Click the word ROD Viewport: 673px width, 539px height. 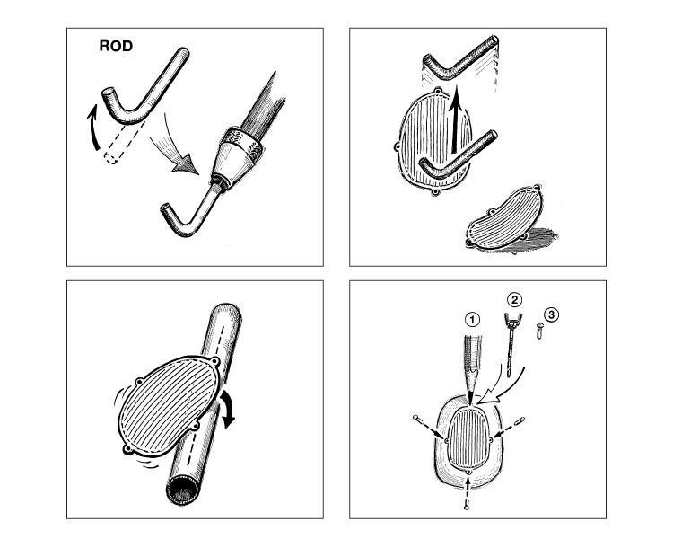pyautogui.click(x=117, y=47)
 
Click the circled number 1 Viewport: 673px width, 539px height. pyautogui.click(x=474, y=318)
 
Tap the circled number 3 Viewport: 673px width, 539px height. pyautogui.click(x=552, y=314)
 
